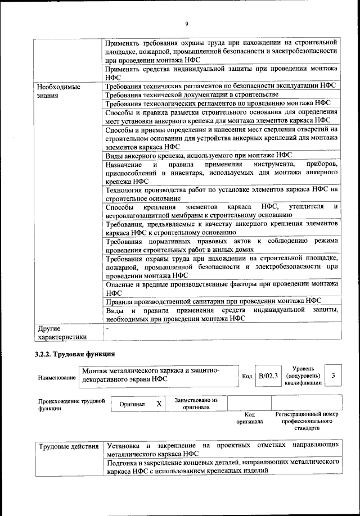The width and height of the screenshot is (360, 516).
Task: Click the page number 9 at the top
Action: [x=186, y=23]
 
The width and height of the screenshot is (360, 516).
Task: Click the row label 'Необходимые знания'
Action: [x=58, y=91]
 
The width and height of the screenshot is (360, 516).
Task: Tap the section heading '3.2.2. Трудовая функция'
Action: [x=75, y=354]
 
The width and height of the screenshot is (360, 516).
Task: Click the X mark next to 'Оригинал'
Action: [x=159, y=404]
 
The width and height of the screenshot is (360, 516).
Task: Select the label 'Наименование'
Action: [x=57, y=378]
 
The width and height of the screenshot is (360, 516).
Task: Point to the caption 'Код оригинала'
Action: [x=249, y=417]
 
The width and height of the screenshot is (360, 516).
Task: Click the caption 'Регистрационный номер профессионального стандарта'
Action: [x=307, y=420]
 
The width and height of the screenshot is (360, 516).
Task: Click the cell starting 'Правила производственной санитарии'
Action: [x=213, y=300]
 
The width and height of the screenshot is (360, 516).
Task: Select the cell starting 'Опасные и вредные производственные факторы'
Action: [x=222, y=288]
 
